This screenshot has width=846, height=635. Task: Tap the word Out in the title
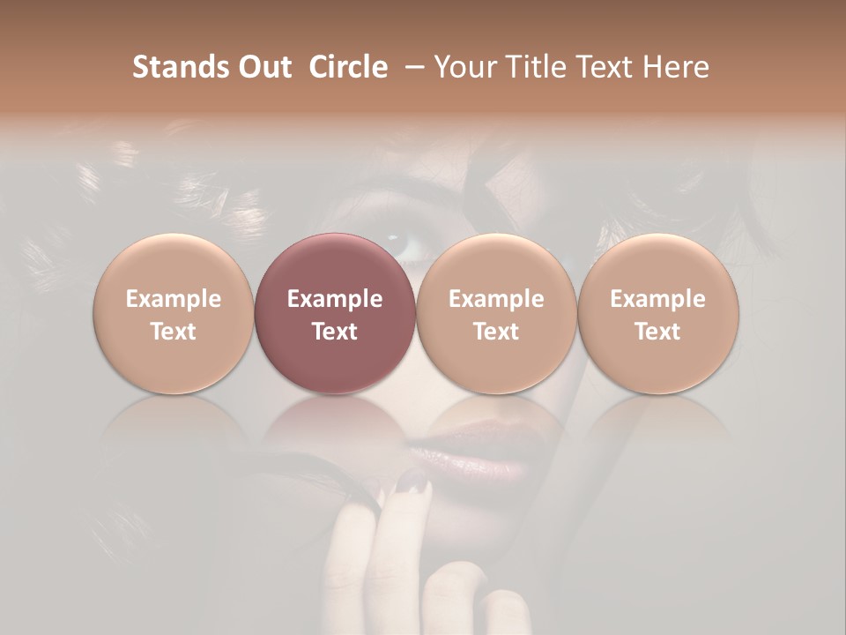click(263, 67)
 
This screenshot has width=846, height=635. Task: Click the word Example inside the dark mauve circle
click(335, 299)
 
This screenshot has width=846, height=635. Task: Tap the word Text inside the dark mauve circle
click(335, 332)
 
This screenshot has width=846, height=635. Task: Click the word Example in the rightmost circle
click(658, 299)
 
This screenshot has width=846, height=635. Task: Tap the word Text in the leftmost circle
click(173, 332)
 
